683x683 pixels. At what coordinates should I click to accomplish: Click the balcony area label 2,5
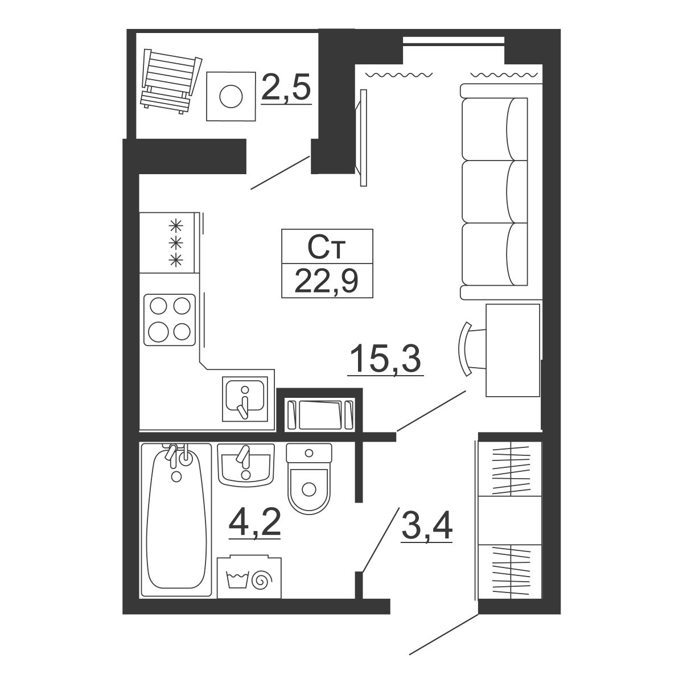286,87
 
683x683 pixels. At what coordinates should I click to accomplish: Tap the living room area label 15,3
385,359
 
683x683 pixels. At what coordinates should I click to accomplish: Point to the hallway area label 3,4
427,526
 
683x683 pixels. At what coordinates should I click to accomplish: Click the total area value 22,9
327,281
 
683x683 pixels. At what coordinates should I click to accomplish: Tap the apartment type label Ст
327,246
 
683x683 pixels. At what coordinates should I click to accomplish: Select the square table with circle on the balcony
231,96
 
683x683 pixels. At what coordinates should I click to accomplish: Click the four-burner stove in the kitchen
170,320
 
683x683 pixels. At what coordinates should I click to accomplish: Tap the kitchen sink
245,399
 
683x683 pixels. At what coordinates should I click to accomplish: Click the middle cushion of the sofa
495,192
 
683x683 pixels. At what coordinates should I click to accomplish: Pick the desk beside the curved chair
512,350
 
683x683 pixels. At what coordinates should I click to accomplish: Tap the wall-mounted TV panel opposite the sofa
362,138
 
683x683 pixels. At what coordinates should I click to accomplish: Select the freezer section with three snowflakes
170,242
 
